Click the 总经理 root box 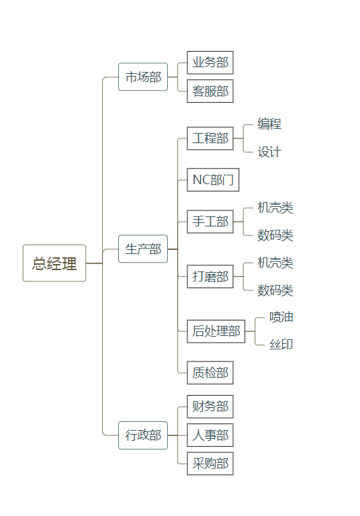pyautogui.click(x=54, y=263)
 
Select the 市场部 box pyautogui.click(x=143, y=77)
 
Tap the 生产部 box pyautogui.click(x=143, y=249)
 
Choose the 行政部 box pyautogui.click(x=143, y=435)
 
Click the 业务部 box pyautogui.click(x=210, y=63)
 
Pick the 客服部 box pyautogui.click(x=210, y=91)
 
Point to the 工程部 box pyautogui.click(x=210, y=138)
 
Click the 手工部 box pyautogui.click(x=210, y=222)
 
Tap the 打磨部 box pyautogui.click(x=210, y=277)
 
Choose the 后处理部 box pyautogui.click(x=216, y=331)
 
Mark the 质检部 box pyautogui.click(x=210, y=372)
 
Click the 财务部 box pyautogui.click(x=210, y=406)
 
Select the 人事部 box pyautogui.click(x=210, y=435)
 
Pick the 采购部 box pyautogui.click(x=210, y=464)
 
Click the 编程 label pyautogui.click(x=269, y=124)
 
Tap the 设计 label pyautogui.click(x=269, y=153)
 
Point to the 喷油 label pyautogui.click(x=281, y=317)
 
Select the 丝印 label pyautogui.click(x=281, y=345)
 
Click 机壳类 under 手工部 pyautogui.click(x=275, y=208)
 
